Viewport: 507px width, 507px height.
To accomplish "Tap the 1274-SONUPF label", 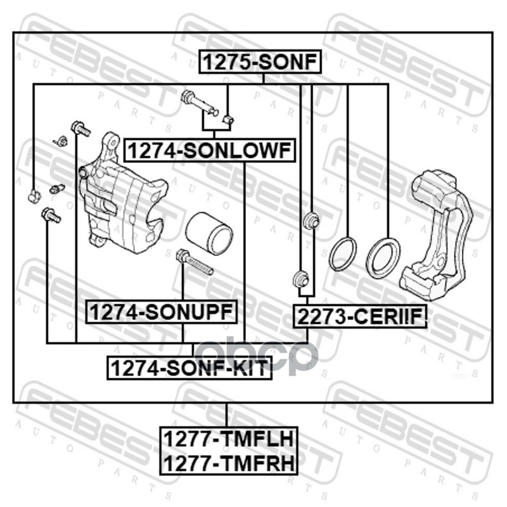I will pyautogui.click(x=162, y=311).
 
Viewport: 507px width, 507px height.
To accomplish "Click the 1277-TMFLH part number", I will pyautogui.click(x=227, y=438).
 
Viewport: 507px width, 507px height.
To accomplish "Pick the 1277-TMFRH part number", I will pyautogui.click(x=227, y=463).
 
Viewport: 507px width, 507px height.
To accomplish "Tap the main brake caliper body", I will pyautogui.click(x=124, y=196).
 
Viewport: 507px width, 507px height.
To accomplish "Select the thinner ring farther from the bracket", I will pyautogui.click(x=343, y=253).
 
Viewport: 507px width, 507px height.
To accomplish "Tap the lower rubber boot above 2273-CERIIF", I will pyautogui.click(x=300, y=278).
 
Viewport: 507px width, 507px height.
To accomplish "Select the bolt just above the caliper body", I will pyautogui.click(x=80, y=129).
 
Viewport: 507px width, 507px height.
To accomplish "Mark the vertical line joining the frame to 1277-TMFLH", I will pyautogui.click(x=227, y=414).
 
